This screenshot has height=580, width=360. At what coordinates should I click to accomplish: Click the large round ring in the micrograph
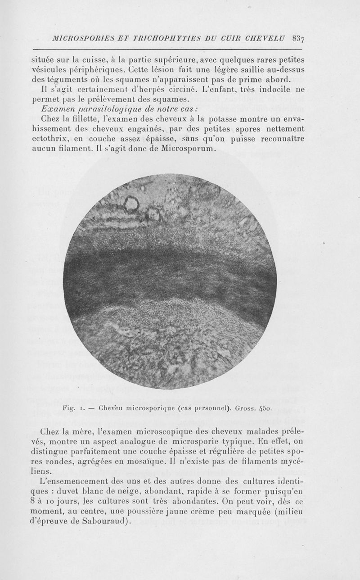(132, 205)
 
